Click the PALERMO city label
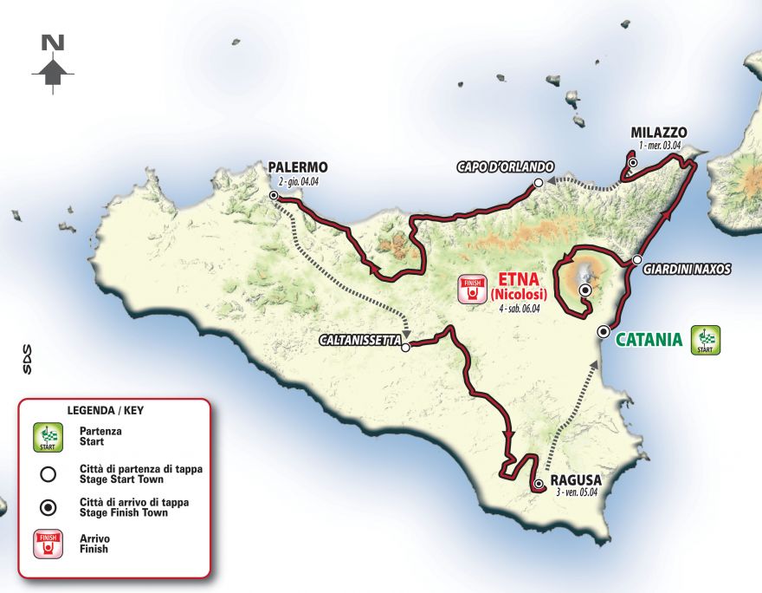coord(298,167)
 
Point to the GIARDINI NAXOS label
coord(687,270)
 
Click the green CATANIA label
coord(649,339)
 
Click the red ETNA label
coord(520,279)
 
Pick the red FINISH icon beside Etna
coord(471,289)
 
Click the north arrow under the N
coord(54,73)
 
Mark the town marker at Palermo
coord(274,196)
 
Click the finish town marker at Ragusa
coord(539,484)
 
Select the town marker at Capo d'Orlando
coord(538,182)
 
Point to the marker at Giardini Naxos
coord(636,260)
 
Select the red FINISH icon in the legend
coord(48,544)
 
